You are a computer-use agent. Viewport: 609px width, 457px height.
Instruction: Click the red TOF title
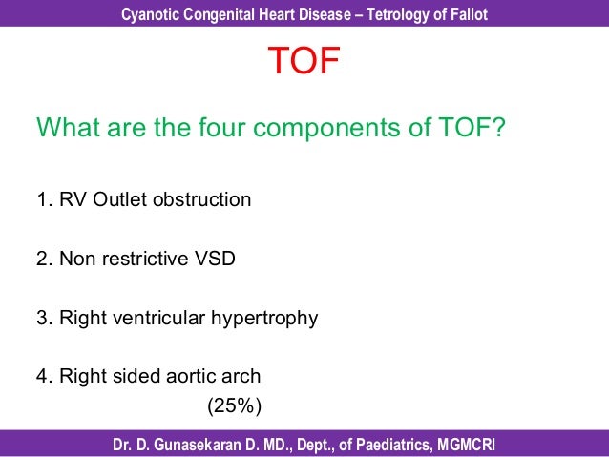point(304,63)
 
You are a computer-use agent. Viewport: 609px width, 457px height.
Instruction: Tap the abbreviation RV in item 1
point(73,199)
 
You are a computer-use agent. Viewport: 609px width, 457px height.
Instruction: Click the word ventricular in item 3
point(162,318)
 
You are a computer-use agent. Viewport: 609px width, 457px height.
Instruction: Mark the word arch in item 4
point(241,376)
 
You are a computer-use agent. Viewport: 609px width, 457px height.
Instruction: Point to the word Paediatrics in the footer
point(389,445)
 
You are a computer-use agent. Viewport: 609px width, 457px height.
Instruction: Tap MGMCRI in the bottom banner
point(467,445)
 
